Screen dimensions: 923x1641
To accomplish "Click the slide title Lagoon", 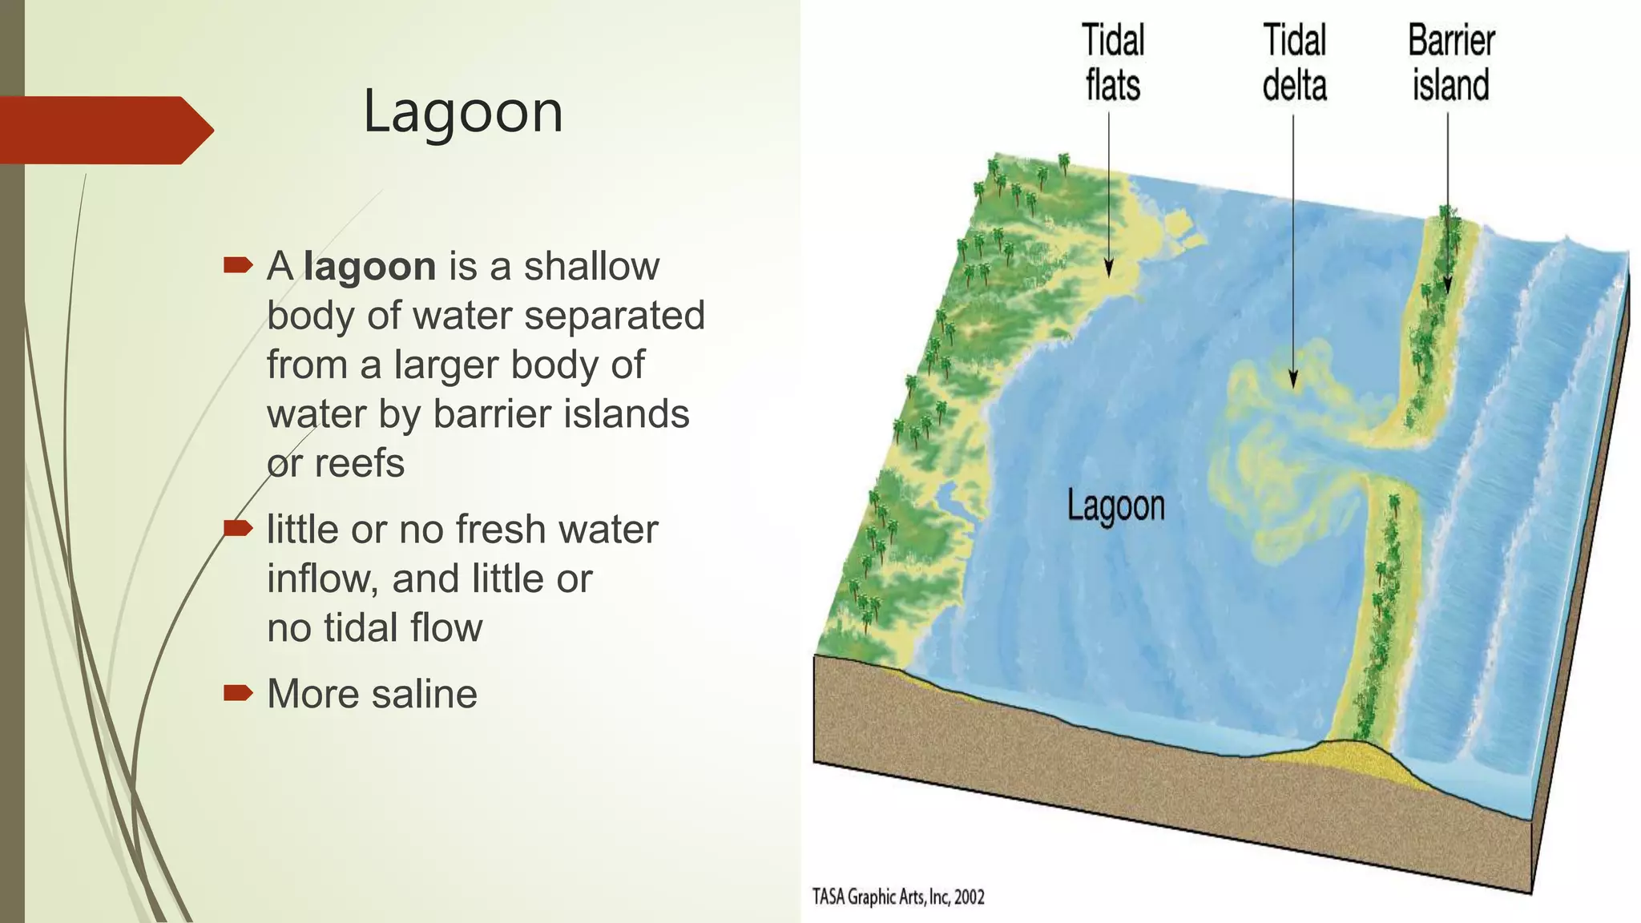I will click(x=463, y=111).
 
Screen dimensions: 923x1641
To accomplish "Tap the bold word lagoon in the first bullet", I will click(x=369, y=266).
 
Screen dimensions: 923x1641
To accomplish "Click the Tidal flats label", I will click(x=1112, y=63).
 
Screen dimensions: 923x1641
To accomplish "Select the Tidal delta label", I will click(x=1294, y=63).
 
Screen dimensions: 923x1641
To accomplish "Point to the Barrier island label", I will click(x=1450, y=63).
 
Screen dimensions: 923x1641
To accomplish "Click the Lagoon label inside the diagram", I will click(x=1115, y=506).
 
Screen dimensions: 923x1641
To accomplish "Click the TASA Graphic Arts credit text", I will click(x=897, y=897).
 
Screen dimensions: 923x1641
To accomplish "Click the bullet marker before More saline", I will click(x=238, y=692).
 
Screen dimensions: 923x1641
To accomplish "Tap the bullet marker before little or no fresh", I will click(x=238, y=528).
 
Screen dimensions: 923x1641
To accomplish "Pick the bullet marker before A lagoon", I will click(x=238, y=265).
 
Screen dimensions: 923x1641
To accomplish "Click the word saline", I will click(x=424, y=694).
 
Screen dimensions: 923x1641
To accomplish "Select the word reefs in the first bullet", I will click(x=359, y=463).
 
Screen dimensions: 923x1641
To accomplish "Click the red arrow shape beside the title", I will click(x=104, y=130).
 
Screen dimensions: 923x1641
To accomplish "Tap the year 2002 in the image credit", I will click(x=969, y=897).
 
